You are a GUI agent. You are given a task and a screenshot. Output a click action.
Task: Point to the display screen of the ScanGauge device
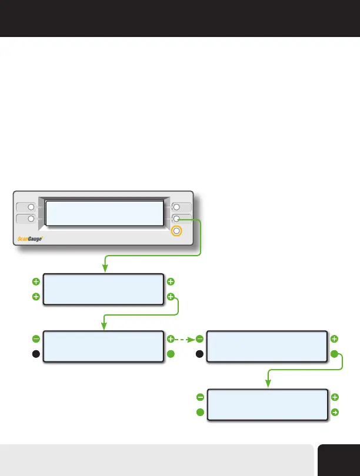click(x=104, y=213)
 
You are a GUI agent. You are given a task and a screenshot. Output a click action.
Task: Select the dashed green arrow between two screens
click(x=185, y=339)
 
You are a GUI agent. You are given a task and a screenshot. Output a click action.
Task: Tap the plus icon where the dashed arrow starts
click(x=171, y=339)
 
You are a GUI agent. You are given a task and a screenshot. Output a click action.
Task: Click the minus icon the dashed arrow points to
click(x=199, y=339)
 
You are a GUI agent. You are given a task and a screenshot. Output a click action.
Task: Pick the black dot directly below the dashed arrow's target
click(x=199, y=354)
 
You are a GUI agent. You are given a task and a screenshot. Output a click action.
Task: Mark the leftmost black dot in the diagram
click(x=36, y=354)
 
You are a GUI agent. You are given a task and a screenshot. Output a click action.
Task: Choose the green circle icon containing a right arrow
click(x=335, y=413)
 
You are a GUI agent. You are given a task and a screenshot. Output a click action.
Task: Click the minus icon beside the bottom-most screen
click(x=199, y=397)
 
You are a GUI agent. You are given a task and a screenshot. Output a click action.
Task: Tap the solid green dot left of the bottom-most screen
click(x=199, y=413)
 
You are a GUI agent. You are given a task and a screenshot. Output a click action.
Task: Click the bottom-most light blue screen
click(x=268, y=404)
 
